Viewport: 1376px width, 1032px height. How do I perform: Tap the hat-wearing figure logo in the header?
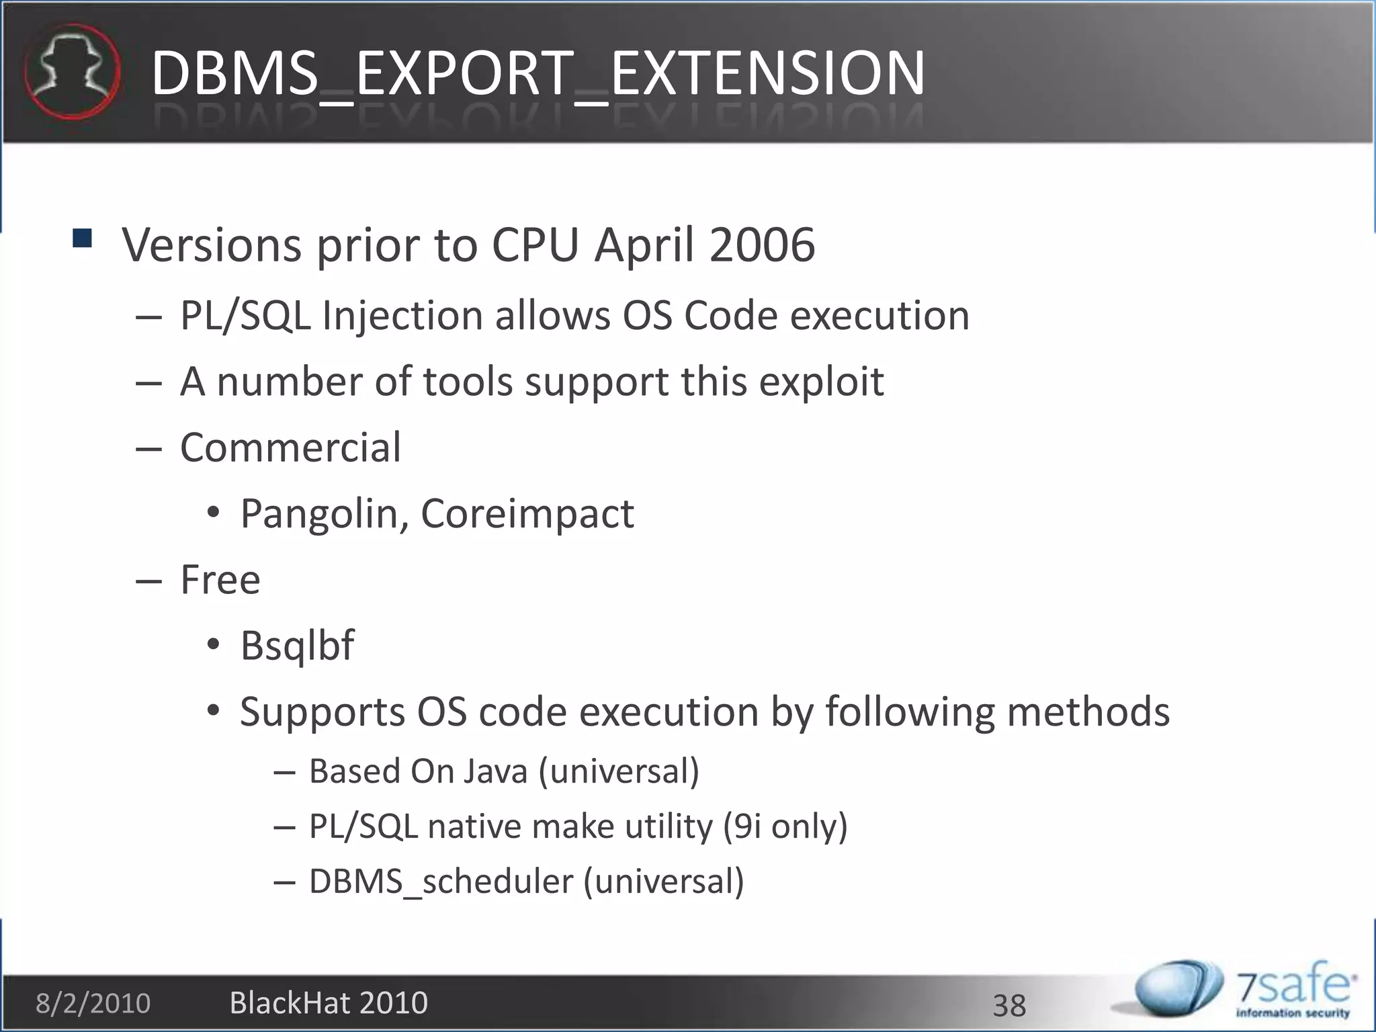tap(72, 71)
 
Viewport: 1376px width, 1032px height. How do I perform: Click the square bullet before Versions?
tap(82, 239)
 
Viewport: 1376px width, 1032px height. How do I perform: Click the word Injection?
tap(402, 316)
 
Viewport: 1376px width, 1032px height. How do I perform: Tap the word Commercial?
tap(290, 447)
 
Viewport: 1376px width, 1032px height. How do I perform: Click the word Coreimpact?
tap(527, 515)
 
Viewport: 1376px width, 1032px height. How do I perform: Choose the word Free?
tap(220, 579)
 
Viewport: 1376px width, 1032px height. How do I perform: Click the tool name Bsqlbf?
tap(297, 646)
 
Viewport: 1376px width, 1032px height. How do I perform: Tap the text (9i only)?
tap(785, 826)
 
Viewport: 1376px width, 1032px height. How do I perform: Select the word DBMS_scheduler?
tap(440, 881)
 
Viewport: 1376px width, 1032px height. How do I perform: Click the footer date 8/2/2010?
tap(93, 1004)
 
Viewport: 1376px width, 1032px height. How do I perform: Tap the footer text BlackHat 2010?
tap(329, 1002)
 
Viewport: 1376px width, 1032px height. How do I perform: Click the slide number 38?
tap(1009, 1006)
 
